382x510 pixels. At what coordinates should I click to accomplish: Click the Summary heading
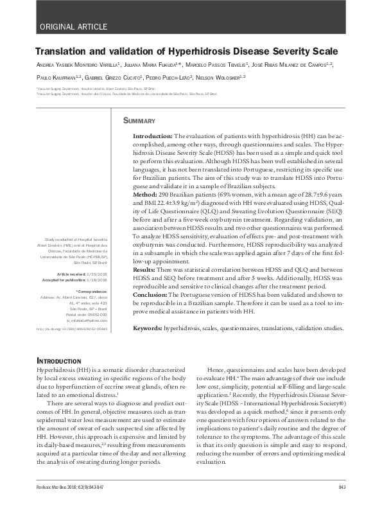139,121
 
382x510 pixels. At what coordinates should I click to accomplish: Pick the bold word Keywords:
148,328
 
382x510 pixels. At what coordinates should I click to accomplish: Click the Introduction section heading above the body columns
59,361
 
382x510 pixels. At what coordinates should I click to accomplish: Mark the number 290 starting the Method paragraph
161,194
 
